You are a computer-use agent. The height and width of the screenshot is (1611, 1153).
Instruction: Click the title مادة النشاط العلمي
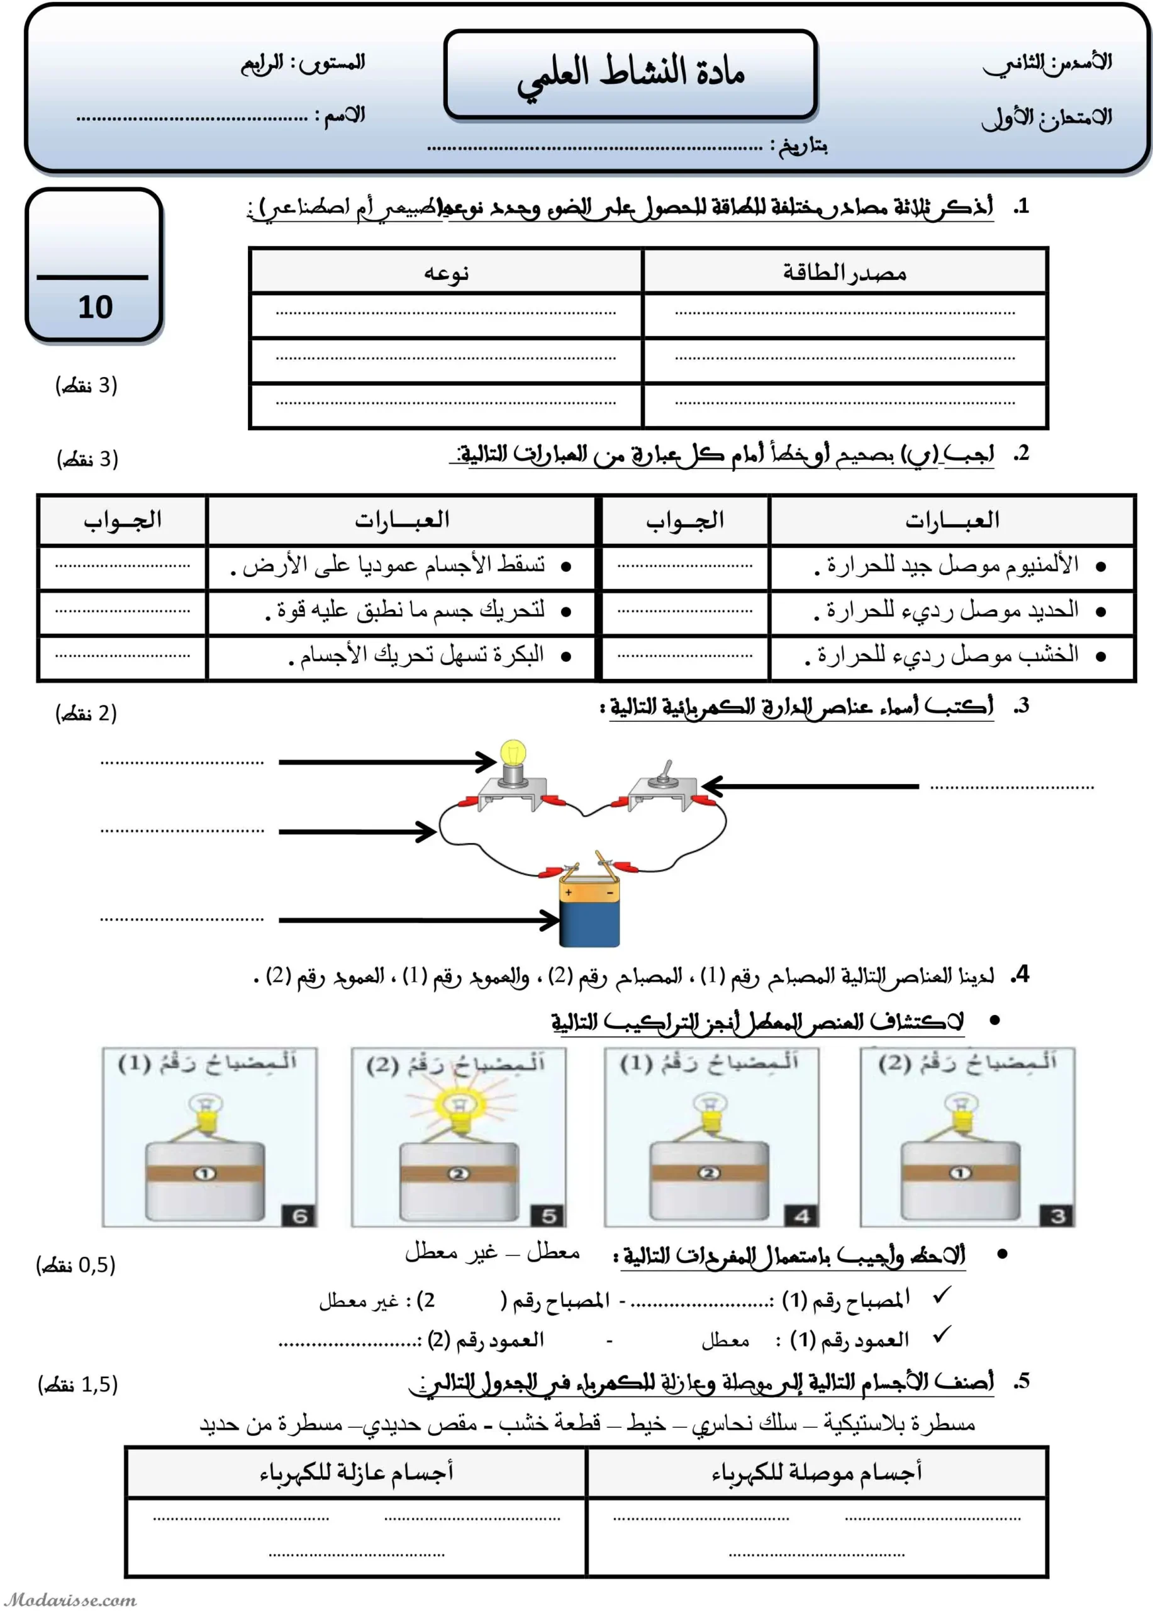[630, 73]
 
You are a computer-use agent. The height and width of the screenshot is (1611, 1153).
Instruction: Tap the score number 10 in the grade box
[95, 308]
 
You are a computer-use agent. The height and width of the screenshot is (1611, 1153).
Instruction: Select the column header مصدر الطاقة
[844, 272]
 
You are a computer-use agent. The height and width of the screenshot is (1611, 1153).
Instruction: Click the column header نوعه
[446, 272]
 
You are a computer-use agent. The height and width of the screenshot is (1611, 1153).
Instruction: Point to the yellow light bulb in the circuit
[513, 755]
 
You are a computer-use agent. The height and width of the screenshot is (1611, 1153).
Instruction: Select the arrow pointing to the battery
[419, 920]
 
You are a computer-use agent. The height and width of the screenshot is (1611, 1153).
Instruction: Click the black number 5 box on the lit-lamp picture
[548, 1215]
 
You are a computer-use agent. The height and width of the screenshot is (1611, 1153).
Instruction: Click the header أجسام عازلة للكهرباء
[355, 1473]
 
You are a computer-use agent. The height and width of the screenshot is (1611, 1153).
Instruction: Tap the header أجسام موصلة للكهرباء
[816, 1473]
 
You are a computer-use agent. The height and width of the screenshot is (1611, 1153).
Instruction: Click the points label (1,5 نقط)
[77, 1384]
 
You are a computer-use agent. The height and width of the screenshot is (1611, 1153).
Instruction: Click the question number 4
[1021, 975]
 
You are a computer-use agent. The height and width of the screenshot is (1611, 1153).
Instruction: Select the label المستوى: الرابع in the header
[303, 63]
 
